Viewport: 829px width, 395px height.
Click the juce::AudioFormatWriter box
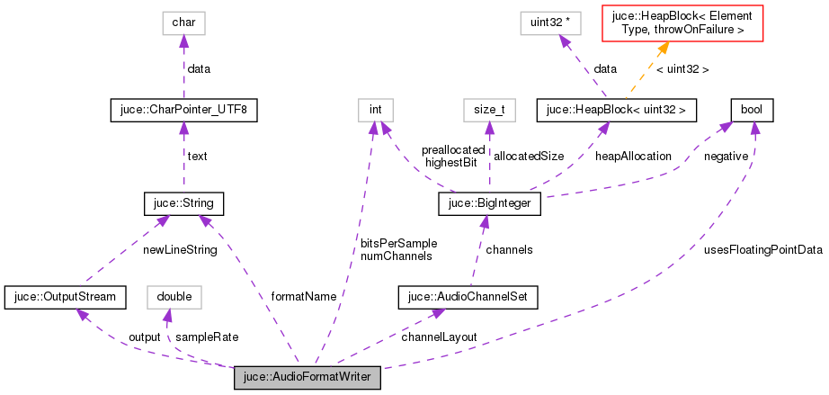308,378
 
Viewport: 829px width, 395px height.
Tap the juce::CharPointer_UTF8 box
183,110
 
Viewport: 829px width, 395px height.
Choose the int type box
376,110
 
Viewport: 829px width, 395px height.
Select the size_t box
489,110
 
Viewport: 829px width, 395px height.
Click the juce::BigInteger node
489,204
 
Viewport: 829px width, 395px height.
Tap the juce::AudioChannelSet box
468,296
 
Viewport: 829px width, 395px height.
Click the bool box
752,110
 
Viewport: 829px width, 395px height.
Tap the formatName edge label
305,296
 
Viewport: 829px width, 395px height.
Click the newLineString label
180,249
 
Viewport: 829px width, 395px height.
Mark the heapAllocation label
633,156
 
